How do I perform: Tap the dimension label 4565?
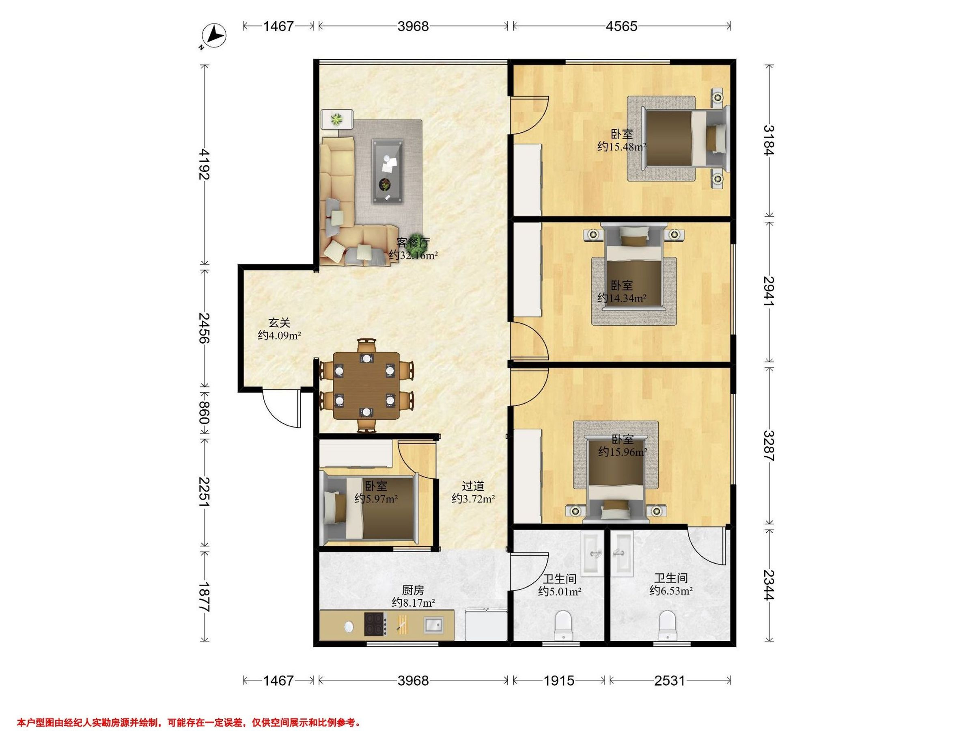(621, 26)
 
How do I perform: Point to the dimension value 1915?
(559, 681)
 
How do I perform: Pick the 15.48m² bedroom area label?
(622, 146)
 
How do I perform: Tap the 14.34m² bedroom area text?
(622, 298)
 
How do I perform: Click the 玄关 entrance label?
(280, 323)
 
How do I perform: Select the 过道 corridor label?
(473, 486)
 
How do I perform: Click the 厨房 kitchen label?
(413, 590)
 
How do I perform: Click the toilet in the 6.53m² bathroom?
(668, 625)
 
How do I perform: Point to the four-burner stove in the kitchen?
(375, 624)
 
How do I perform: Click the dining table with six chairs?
(366, 385)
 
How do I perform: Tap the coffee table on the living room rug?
(387, 171)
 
